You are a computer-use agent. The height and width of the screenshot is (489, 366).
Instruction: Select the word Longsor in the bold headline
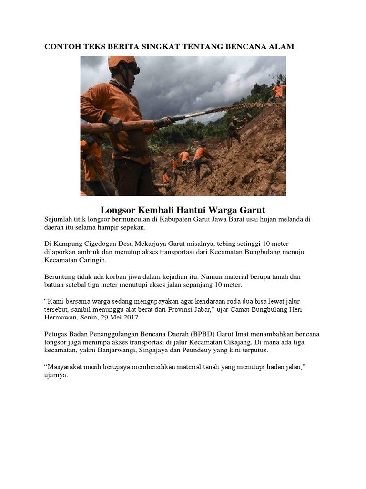coord(117,210)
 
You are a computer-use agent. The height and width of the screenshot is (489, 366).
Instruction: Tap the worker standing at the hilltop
coord(278,90)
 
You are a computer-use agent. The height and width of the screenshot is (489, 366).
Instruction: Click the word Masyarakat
coord(68,367)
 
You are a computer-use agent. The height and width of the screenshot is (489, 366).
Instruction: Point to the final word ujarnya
coord(56,375)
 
